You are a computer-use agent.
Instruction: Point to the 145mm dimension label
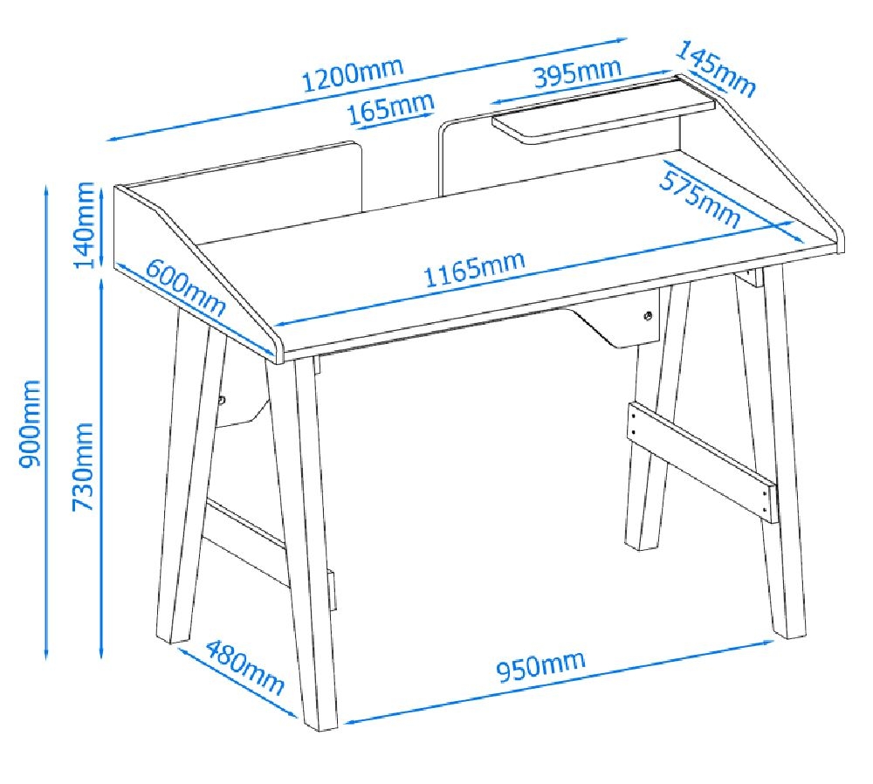tap(715, 69)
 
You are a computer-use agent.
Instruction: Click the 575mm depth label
tap(699, 199)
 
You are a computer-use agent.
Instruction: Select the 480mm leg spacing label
tap(245, 666)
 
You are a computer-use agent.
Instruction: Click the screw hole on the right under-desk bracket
tap(649, 316)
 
